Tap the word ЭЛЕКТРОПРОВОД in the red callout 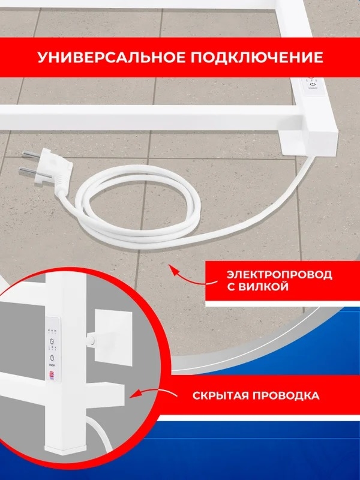(280, 274)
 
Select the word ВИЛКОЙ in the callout (258, 287)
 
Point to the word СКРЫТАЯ (220, 395)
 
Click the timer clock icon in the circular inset (52, 341)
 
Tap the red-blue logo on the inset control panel (52, 374)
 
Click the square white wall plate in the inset (114, 337)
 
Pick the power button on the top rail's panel (313, 85)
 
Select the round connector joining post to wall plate (92, 339)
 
